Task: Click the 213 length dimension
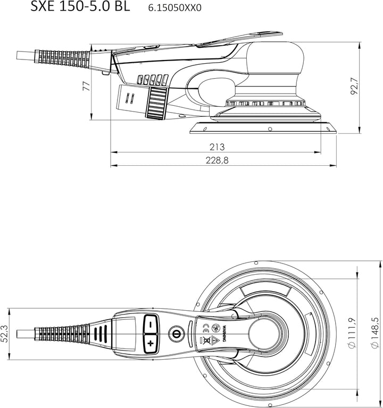point(217,147)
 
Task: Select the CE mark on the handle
point(205,328)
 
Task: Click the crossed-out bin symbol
point(205,341)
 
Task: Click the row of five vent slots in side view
point(151,81)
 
